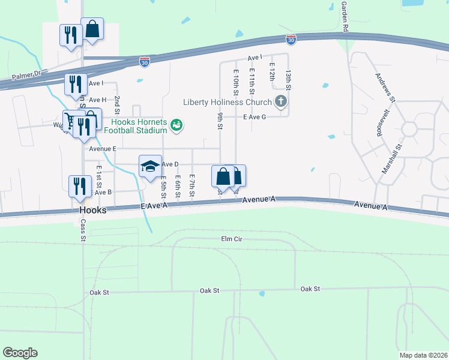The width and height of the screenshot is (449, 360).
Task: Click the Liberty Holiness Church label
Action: coord(228,101)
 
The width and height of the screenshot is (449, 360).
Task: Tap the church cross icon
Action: coord(280,101)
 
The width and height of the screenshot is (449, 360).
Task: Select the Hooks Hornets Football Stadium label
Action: coord(134,125)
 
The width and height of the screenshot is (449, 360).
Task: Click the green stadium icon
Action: coord(176,125)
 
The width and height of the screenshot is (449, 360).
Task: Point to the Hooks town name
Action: coord(93,211)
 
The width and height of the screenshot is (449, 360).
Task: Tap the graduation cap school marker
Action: coord(150,166)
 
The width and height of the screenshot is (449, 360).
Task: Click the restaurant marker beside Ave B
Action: coord(79,185)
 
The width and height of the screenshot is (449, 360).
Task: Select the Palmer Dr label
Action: coord(25,76)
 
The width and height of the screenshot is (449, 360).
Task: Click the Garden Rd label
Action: coord(345,16)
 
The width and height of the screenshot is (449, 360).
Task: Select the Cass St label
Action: coord(83,230)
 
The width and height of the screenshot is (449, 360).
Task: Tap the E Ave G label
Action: coord(255,117)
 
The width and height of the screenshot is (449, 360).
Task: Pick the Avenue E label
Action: coord(102,148)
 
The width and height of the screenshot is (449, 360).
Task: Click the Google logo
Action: coord(20,353)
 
